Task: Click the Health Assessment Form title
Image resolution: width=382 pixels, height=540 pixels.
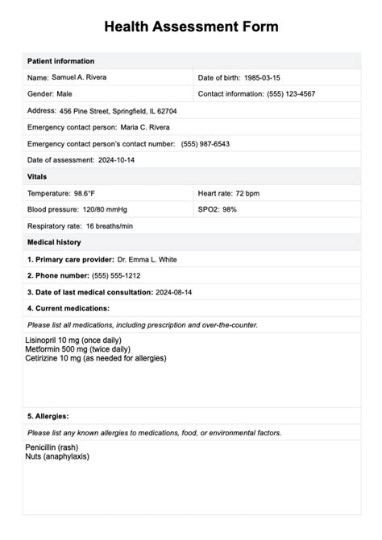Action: tap(191, 27)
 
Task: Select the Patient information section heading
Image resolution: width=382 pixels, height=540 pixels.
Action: tap(60, 61)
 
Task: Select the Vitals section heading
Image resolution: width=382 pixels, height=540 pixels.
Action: tap(37, 176)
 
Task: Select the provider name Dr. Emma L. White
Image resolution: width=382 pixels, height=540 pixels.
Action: tap(147, 259)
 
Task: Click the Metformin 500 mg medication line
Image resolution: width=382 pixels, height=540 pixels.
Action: tap(81, 349)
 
